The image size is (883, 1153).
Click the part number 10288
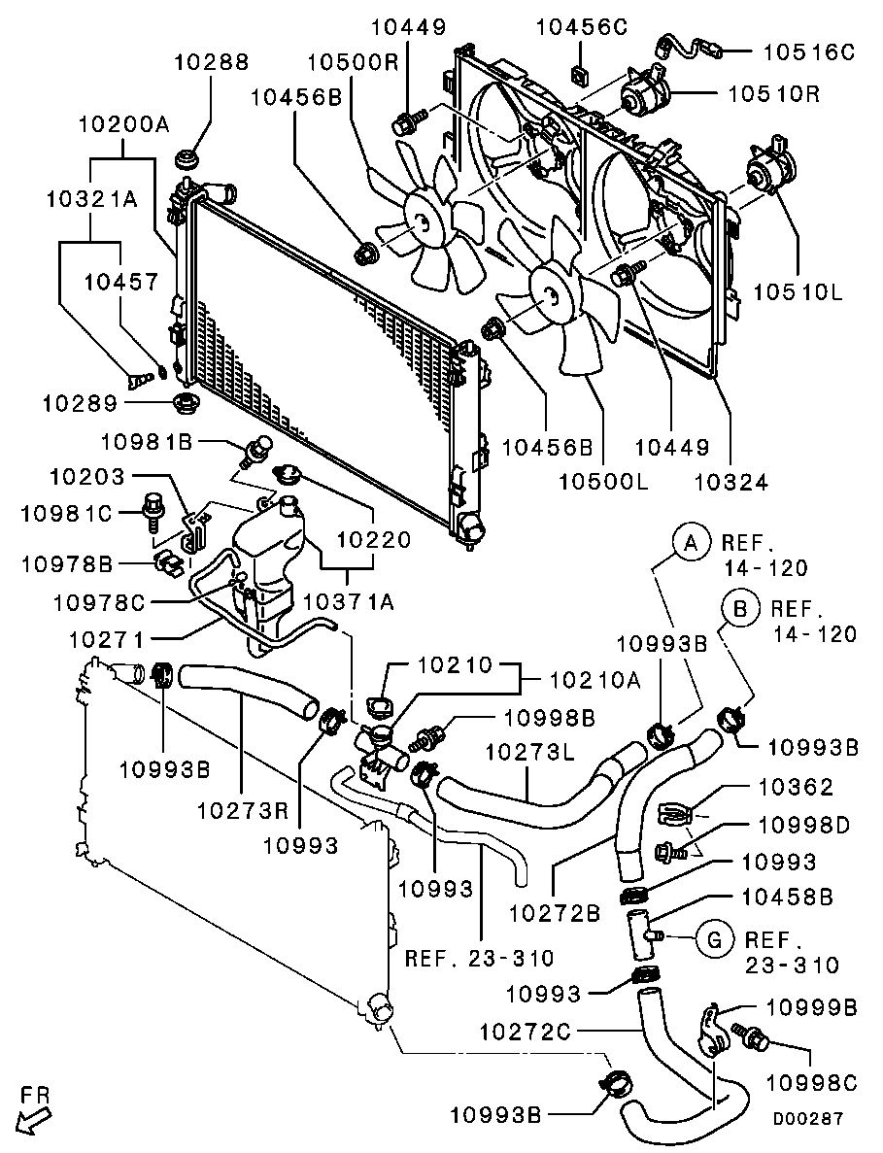211,63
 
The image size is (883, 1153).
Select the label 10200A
123,124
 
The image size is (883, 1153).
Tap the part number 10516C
807,51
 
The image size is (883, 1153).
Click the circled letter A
690,543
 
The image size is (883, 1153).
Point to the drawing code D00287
807,1118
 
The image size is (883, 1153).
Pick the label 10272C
525,1030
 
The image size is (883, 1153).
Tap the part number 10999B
812,1007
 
